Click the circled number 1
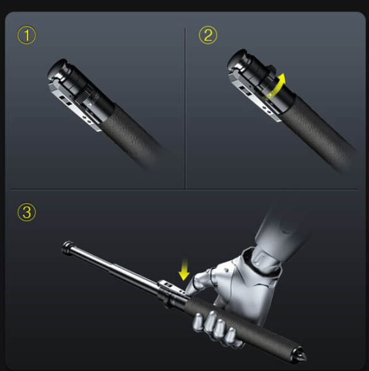27,36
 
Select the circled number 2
207,36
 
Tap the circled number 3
27,212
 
